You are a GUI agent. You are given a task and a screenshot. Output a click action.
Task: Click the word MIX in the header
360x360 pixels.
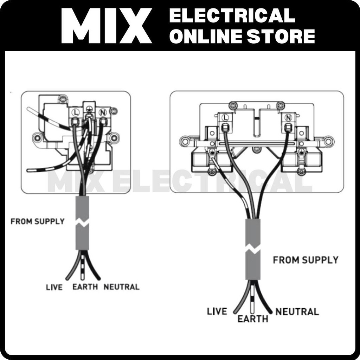pyautogui.click(x=106, y=26)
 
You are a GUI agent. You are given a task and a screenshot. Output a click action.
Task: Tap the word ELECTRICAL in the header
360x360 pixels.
pyautogui.click(x=232, y=15)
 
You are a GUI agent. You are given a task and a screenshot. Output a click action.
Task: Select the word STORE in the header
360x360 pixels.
pyautogui.click(x=281, y=36)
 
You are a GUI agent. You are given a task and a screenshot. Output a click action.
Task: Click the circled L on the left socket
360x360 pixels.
pyautogui.click(x=75, y=112)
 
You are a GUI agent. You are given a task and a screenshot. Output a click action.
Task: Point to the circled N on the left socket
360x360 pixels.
pyautogui.click(x=102, y=112)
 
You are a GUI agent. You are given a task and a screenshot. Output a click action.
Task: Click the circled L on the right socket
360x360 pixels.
pyautogui.click(x=225, y=117)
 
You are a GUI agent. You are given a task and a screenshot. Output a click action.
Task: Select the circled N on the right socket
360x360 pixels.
pyautogui.click(x=288, y=117)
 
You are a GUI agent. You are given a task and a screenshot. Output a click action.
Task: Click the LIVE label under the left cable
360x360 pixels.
pyautogui.click(x=54, y=287)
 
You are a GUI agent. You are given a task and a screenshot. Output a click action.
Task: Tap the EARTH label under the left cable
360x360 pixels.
pyautogui.click(x=85, y=287)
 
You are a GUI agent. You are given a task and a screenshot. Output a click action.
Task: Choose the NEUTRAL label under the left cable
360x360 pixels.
pyautogui.click(x=121, y=287)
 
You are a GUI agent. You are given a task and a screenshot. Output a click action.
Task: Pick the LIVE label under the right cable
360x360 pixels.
pyautogui.click(x=217, y=311)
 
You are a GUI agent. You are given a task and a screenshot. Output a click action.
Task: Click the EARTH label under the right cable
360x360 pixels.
pyautogui.click(x=252, y=319)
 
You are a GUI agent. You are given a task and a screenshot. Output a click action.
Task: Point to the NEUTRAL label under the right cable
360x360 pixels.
pyautogui.click(x=297, y=311)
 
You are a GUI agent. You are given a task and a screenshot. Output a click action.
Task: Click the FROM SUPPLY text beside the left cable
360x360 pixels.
pyautogui.click(x=38, y=221)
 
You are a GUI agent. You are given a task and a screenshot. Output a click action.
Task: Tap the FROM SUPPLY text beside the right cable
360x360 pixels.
pyautogui.click(x=306, y=260)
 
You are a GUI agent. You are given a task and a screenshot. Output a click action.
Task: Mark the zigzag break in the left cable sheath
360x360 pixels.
pyautogui.click(x=82, y=223)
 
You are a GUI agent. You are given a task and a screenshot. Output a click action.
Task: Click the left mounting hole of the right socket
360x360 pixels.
pyautogui.click(x=185, y=141)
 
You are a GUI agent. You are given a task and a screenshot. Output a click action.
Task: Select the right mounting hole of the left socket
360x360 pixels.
pyautogui.click(x=114, y=137)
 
